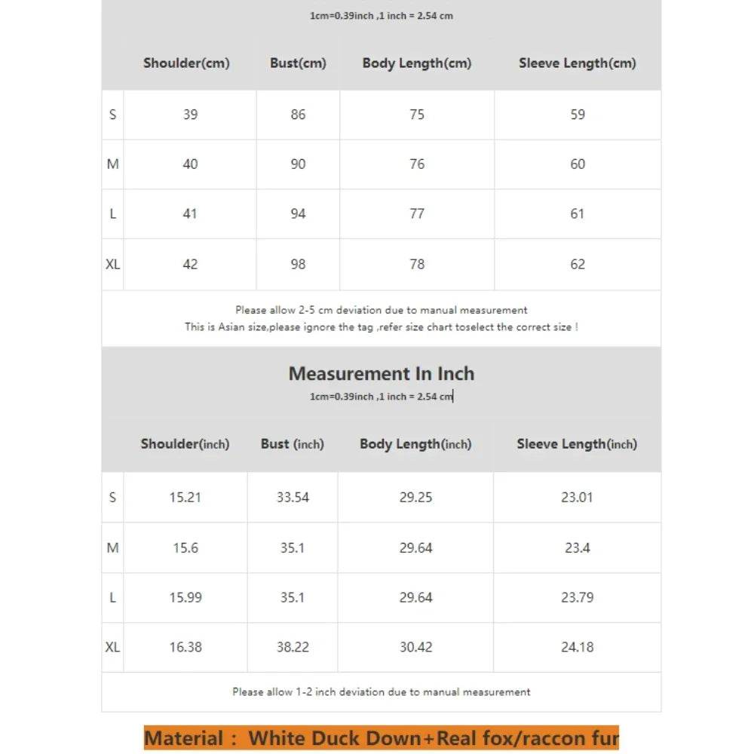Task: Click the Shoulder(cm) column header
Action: [186, 63]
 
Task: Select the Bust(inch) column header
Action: [292, 444]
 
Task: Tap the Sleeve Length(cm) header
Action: [577, 63]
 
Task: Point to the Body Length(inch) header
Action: [415, 444]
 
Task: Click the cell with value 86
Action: [298, 115]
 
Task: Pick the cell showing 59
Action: [578, 115]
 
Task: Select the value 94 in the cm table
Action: [298, 214]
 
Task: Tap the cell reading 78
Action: [417, 265]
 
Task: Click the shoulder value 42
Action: [190, 265]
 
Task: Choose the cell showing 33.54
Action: [293, 498]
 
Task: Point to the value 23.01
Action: [577, 498]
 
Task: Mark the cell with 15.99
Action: [185, 598]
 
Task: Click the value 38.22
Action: [293, 648]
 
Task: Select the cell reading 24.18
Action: [577, 648]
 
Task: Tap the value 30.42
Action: [415, 648]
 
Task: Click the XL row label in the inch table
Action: [112, 648]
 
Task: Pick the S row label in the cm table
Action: [112, 115]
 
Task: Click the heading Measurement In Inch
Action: [382, 374]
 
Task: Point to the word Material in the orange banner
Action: [184, 738]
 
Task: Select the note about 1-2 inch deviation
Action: [382, 692]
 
